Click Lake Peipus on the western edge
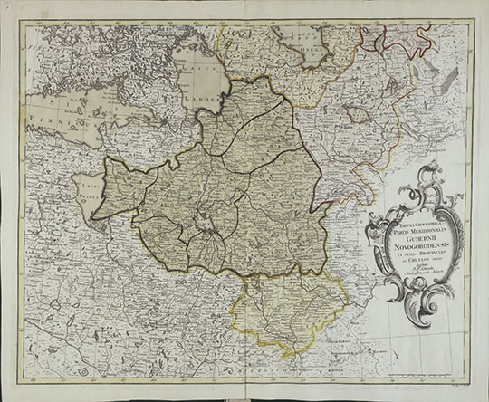[83, 195]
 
